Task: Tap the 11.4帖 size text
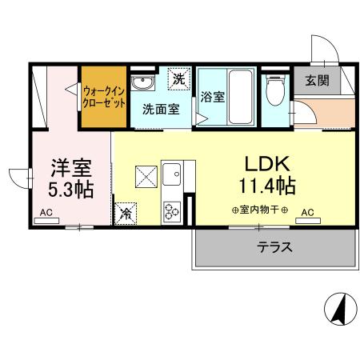tap(266, 186)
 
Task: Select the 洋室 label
tap(70, 169)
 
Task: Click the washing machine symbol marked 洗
tap(181, 79)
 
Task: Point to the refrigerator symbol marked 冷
tap(126, 213)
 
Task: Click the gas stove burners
tap(173, 210)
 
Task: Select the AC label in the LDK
tap(308, 214)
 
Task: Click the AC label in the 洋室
tap(46, 214)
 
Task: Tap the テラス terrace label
tap(274, 247)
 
